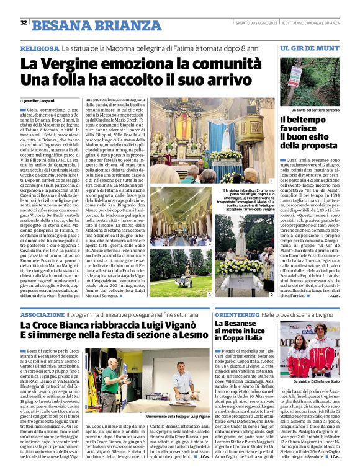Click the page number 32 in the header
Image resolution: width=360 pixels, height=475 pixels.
(24, 23)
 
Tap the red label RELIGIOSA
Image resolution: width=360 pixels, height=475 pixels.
(40, 48)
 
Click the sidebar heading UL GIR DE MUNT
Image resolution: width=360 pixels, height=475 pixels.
(309, 48)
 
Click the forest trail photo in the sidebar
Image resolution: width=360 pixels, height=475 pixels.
(309, 81)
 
